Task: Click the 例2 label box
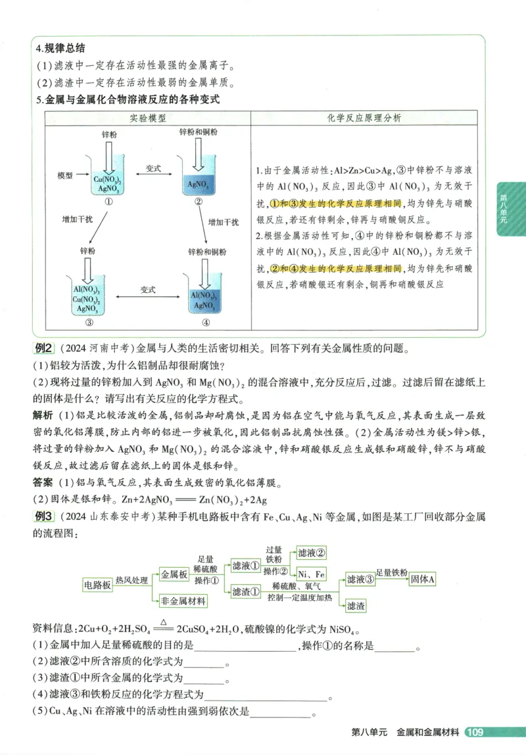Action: (x=44, y=349)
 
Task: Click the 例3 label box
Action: (x=44, y=516)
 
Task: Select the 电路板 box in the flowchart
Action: (x=97, y=585)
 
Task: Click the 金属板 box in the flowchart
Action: (x=174, y=574)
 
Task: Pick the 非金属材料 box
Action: (x=183, y=601)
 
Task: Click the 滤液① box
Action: (x=246, y=565)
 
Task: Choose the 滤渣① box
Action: (x=246, y=592)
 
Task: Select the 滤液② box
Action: (x=312, y=553)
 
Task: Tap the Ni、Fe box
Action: (x=312, y=573)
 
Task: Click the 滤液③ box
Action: (x=360, y=580)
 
